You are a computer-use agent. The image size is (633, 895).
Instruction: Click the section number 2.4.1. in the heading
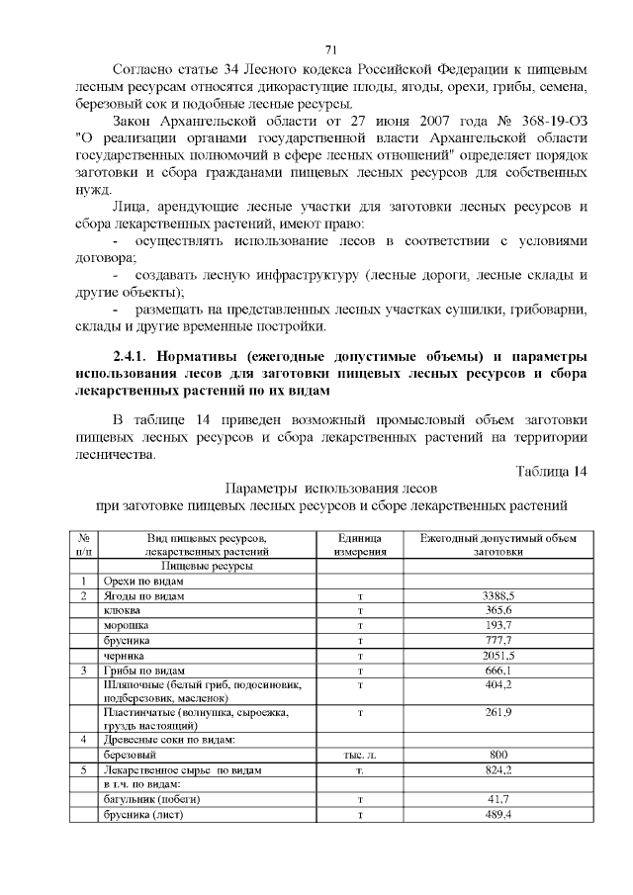point(139,356)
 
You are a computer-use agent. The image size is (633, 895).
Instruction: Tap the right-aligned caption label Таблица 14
point(552,470)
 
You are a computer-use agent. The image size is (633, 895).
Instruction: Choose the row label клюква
point(123,611)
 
